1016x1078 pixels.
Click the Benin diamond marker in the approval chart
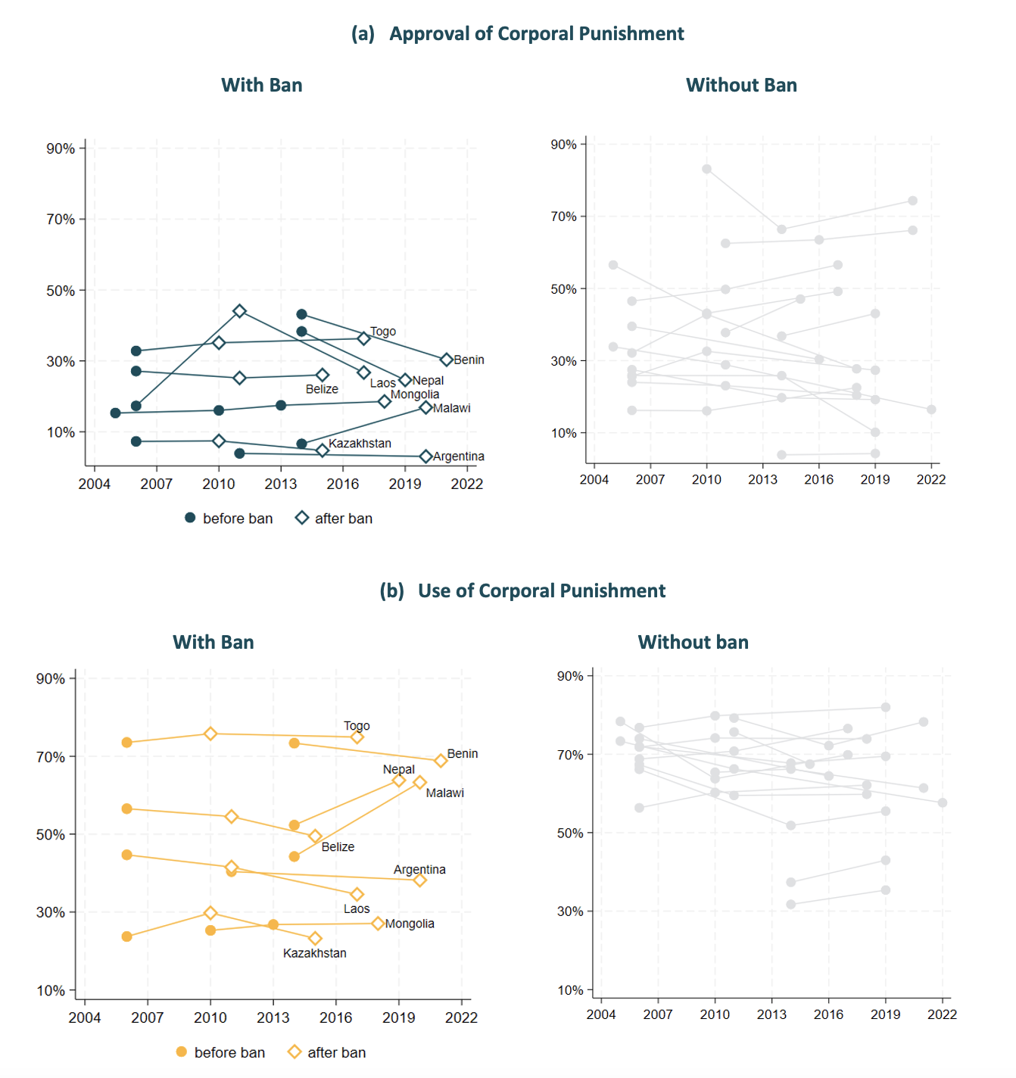[446, 360]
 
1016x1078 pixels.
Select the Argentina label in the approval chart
[458, 456]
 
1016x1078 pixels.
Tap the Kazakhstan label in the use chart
[314, 952]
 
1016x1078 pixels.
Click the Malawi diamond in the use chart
[419, 782]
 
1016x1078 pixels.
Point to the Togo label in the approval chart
[383, 331]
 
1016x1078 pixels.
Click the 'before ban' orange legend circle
[182, 1052]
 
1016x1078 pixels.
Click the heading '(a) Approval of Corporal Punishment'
[518, 33]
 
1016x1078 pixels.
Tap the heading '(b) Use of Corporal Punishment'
[522, 590]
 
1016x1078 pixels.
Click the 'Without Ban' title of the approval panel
[741, 86]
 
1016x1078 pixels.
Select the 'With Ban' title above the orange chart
[213, 642]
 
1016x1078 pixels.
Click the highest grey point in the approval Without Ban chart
[706, 169]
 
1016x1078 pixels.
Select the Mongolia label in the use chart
[410, 924]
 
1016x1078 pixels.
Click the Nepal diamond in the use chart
[398, 780]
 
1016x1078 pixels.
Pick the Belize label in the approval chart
[322, 388]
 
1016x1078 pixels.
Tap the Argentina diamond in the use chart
[419, 880]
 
